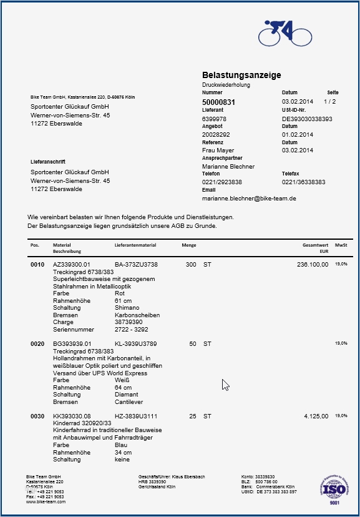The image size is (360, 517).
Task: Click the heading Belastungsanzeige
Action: coord(241,75)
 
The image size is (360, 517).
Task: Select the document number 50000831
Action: coord(218,102)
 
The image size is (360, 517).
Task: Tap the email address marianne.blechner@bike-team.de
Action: coord(249,198)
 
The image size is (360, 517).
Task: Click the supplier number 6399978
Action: coord(214,119)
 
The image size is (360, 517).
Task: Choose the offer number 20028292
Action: coord(216,134)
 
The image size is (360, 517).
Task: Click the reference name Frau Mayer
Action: coord(218,150)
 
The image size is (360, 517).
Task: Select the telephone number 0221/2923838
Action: coord(222,182)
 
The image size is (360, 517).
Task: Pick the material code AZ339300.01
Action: coord(72,265)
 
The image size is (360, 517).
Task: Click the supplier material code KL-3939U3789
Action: coord(135,343)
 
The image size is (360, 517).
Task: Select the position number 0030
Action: coord(37,416)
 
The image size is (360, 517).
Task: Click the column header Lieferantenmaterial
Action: coord(135,245)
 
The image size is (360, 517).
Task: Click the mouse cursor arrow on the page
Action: coord(225,384)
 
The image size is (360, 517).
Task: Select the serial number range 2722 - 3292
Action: coord(132,329)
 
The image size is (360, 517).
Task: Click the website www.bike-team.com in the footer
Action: coord(46,501)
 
